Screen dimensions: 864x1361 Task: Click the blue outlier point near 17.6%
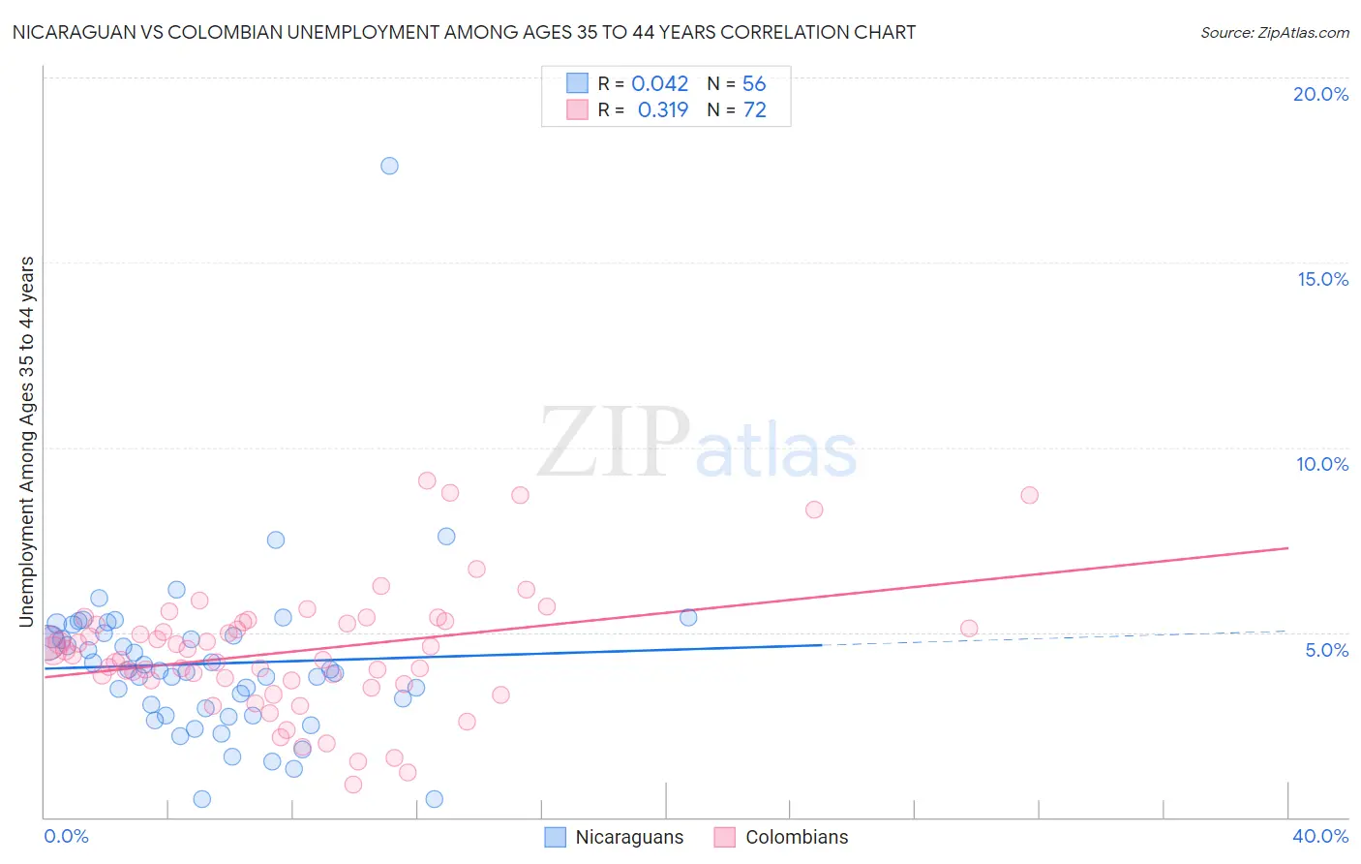[x=389, y=166]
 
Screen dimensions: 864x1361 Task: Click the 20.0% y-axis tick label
[x=1320, y=94]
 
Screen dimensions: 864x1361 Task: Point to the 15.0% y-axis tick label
[x=1322, y=279]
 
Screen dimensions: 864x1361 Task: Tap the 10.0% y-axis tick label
[x=1322, y=464]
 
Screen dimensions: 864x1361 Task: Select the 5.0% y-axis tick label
[x=1326, y=650]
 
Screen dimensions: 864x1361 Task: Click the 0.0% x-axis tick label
[x=66, y=836]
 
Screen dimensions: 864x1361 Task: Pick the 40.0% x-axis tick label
[x=1320, y=836]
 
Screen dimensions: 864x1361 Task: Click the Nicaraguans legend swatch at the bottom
[x=555, y=837]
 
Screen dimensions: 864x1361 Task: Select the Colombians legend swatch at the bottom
[x=725, y=837]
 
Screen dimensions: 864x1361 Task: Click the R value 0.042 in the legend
[x=659, y=83]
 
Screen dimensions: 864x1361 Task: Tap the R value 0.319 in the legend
[x=662, y=109]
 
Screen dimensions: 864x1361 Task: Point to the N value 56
[x=754, y=83]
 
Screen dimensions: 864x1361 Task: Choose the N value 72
[x=754, y=109]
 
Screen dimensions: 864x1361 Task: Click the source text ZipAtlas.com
[x=1275, y=32]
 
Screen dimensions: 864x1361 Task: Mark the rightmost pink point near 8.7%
[x=1029, y=495]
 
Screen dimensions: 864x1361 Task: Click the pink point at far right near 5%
[x=969, y=629]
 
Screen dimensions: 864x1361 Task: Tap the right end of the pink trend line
[x=1288, y=548]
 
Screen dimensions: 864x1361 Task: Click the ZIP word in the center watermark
[x=613, y=443]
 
